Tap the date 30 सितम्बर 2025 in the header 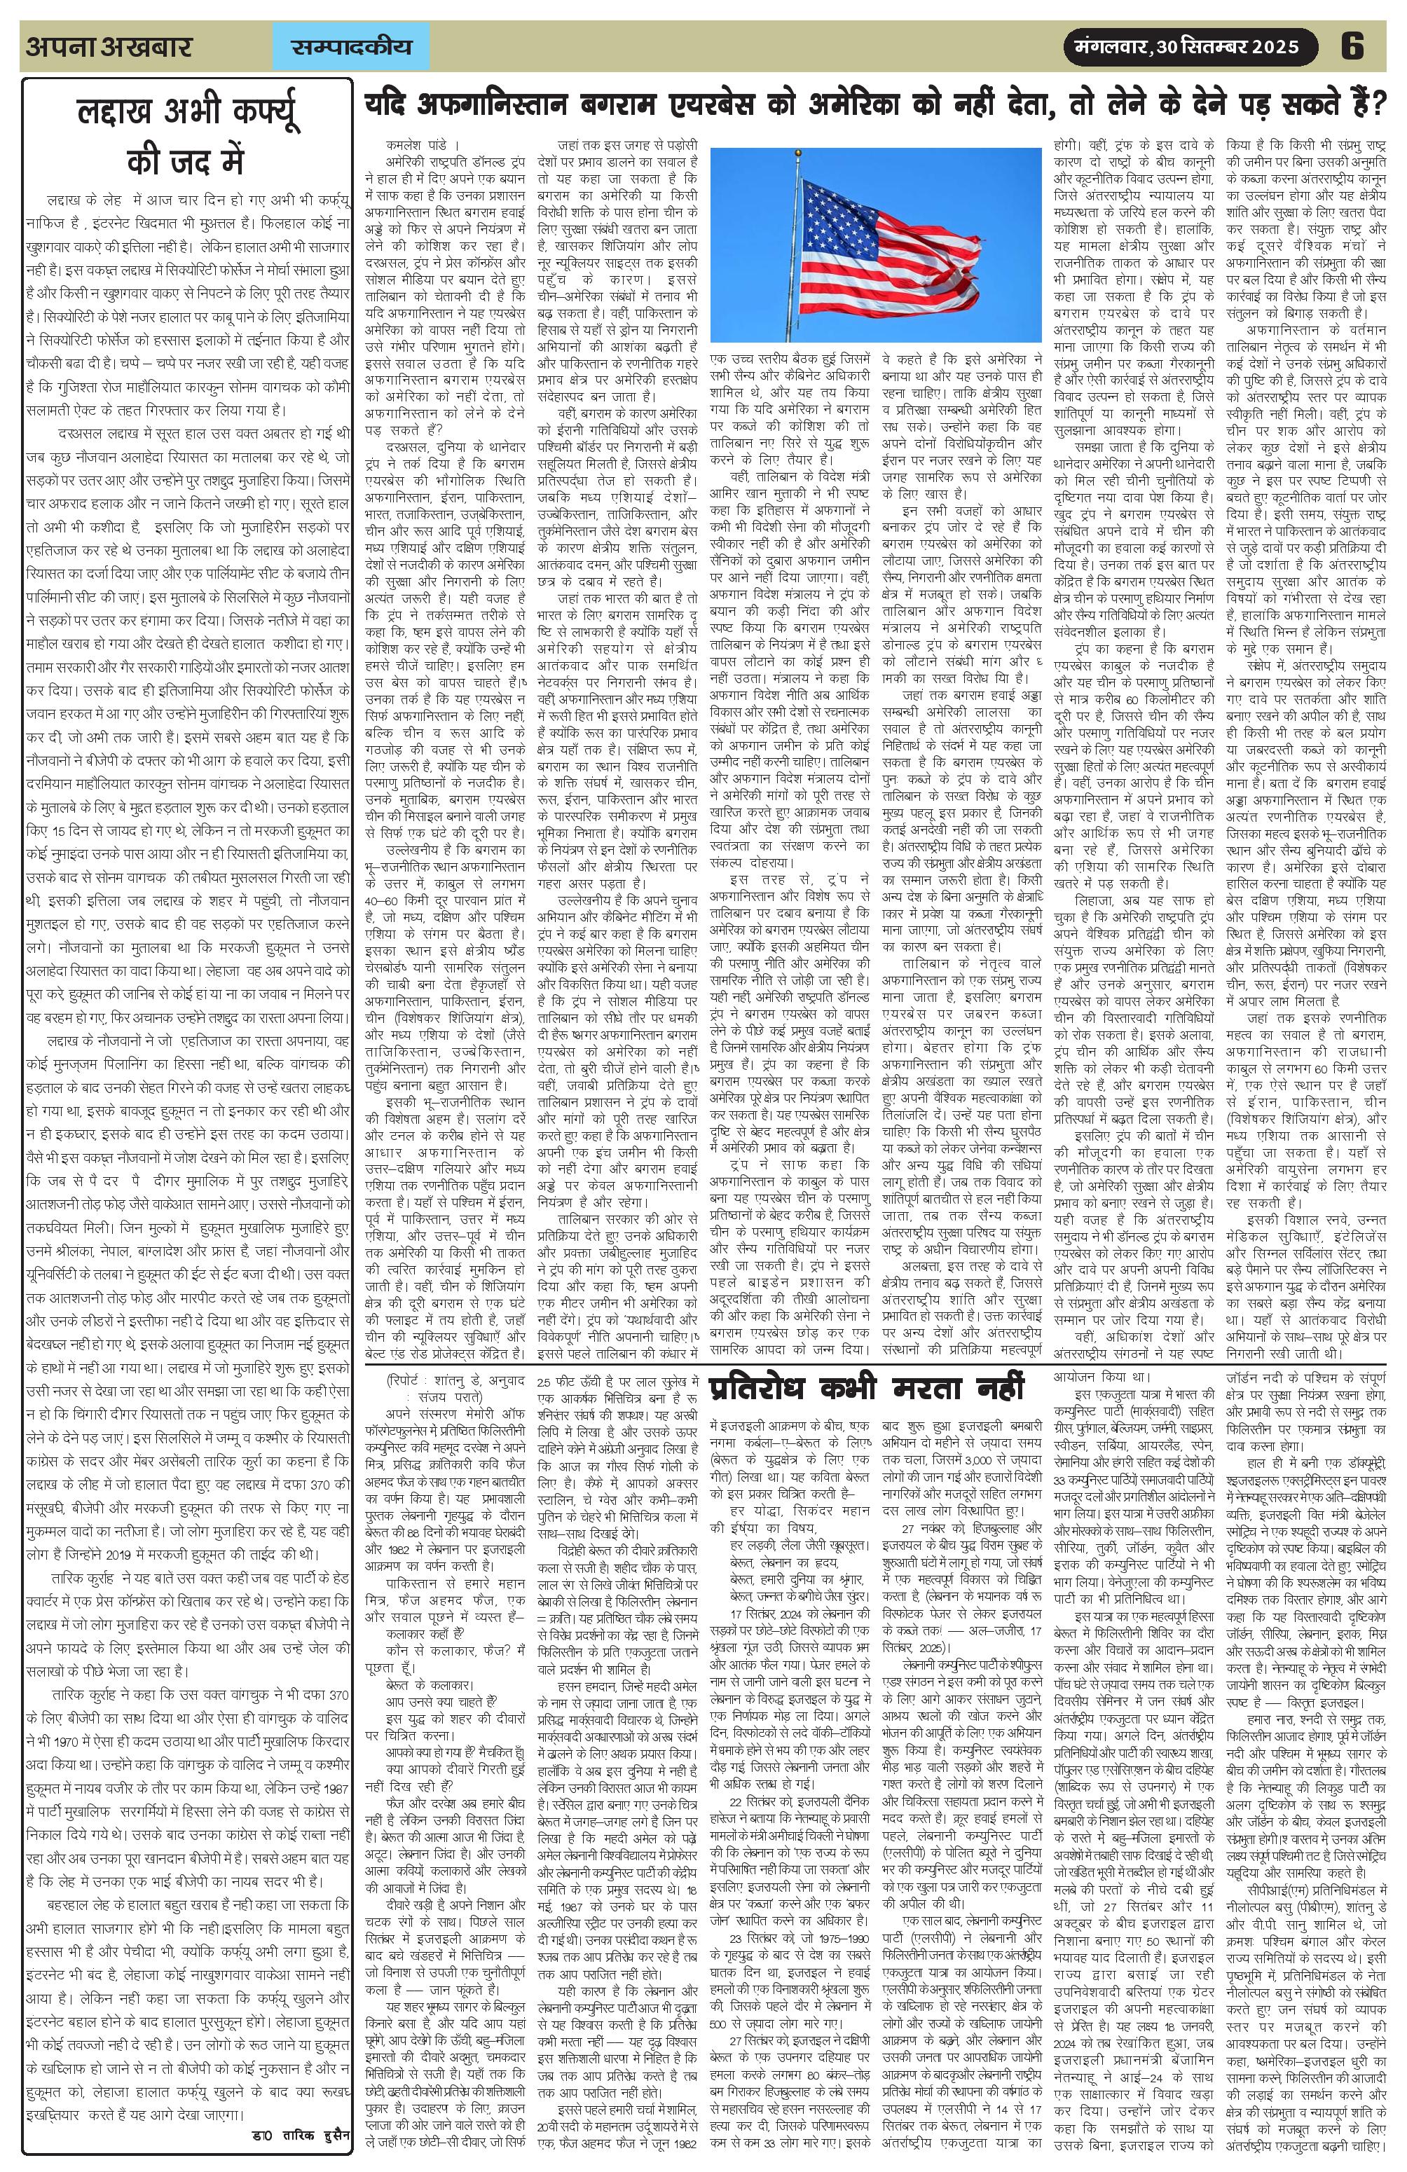(x=1226, y=46)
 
